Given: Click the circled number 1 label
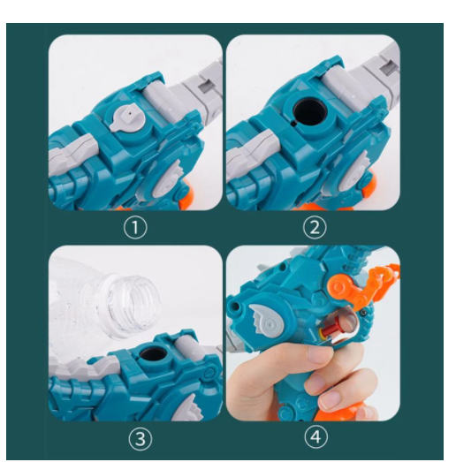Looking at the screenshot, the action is pyautogui.click(x=135, y=228).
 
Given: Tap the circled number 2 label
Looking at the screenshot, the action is pyautogui.click(x=315, y=228).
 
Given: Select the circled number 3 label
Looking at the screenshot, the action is pyautogui.click(x=141, y=439).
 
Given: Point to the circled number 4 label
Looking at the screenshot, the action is pyautogui.click(x=316, y=437).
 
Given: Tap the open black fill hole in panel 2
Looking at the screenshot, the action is pyautogui.click(x=310, y=112).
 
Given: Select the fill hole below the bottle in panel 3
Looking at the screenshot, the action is pyautogui.click(x=153, y=353).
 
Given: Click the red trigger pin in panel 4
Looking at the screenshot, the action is pyautogui.click(x=328, y=329).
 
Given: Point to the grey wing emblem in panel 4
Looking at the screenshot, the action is pyautogui.click(x=266, y=320).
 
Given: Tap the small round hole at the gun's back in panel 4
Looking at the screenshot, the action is pyautogui.click(x=235, y=305).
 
